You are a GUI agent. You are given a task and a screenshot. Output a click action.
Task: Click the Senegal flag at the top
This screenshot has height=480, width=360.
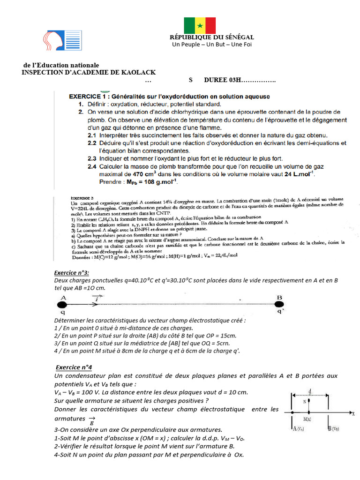[x=200, y=25]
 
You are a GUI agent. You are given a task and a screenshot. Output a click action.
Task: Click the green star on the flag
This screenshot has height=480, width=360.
[x=200, y=25]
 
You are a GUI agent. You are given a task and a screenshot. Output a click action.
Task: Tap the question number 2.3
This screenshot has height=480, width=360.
[x=92, y=158]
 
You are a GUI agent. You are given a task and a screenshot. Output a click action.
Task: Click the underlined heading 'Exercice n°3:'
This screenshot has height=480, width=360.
[x=72, y=273]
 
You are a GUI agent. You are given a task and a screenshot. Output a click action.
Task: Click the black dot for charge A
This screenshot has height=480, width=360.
[x=63, y=304]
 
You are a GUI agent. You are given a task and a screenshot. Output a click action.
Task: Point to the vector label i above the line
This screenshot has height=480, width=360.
[x=97, y=298]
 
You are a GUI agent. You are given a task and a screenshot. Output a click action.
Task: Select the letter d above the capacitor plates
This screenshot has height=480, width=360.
[x=310, y=390]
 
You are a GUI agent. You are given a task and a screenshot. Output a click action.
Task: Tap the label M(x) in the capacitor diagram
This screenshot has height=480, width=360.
[x=308, y=419]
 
